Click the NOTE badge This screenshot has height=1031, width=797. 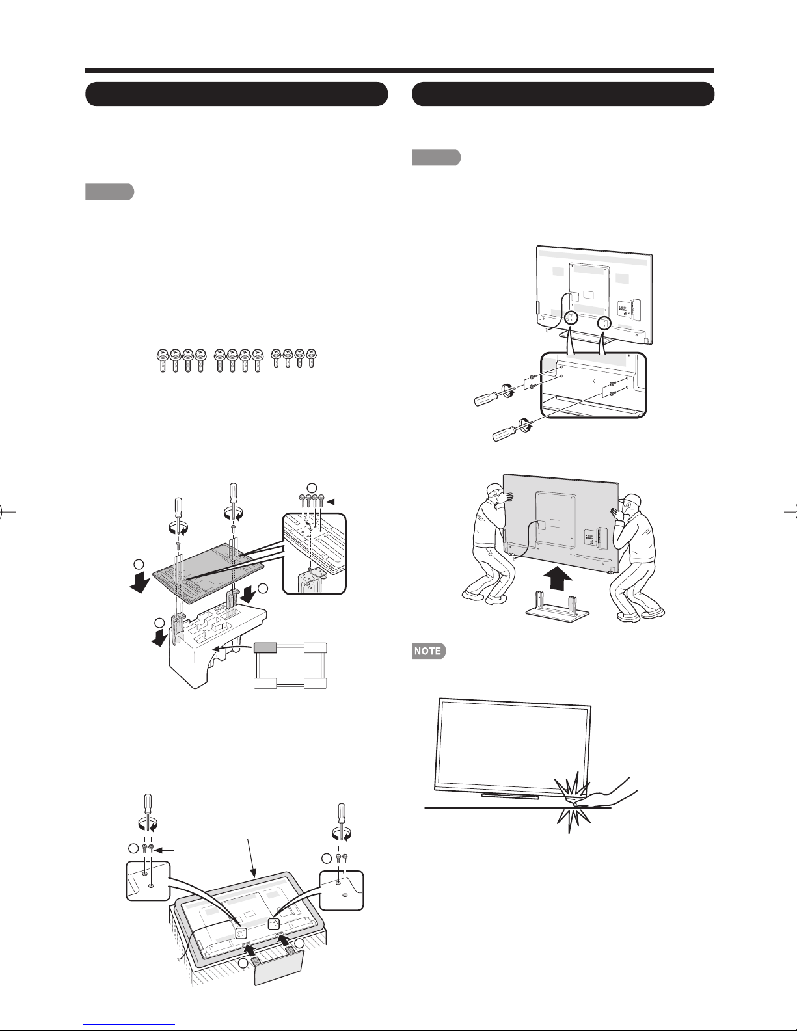[x=429, y=650]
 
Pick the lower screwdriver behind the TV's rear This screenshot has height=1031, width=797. [x=511, y=431]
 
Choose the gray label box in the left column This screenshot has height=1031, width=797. [x=109, y=192]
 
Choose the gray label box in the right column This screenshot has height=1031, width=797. [x=436, y=157]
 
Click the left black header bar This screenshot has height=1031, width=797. [x=237, y=94]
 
